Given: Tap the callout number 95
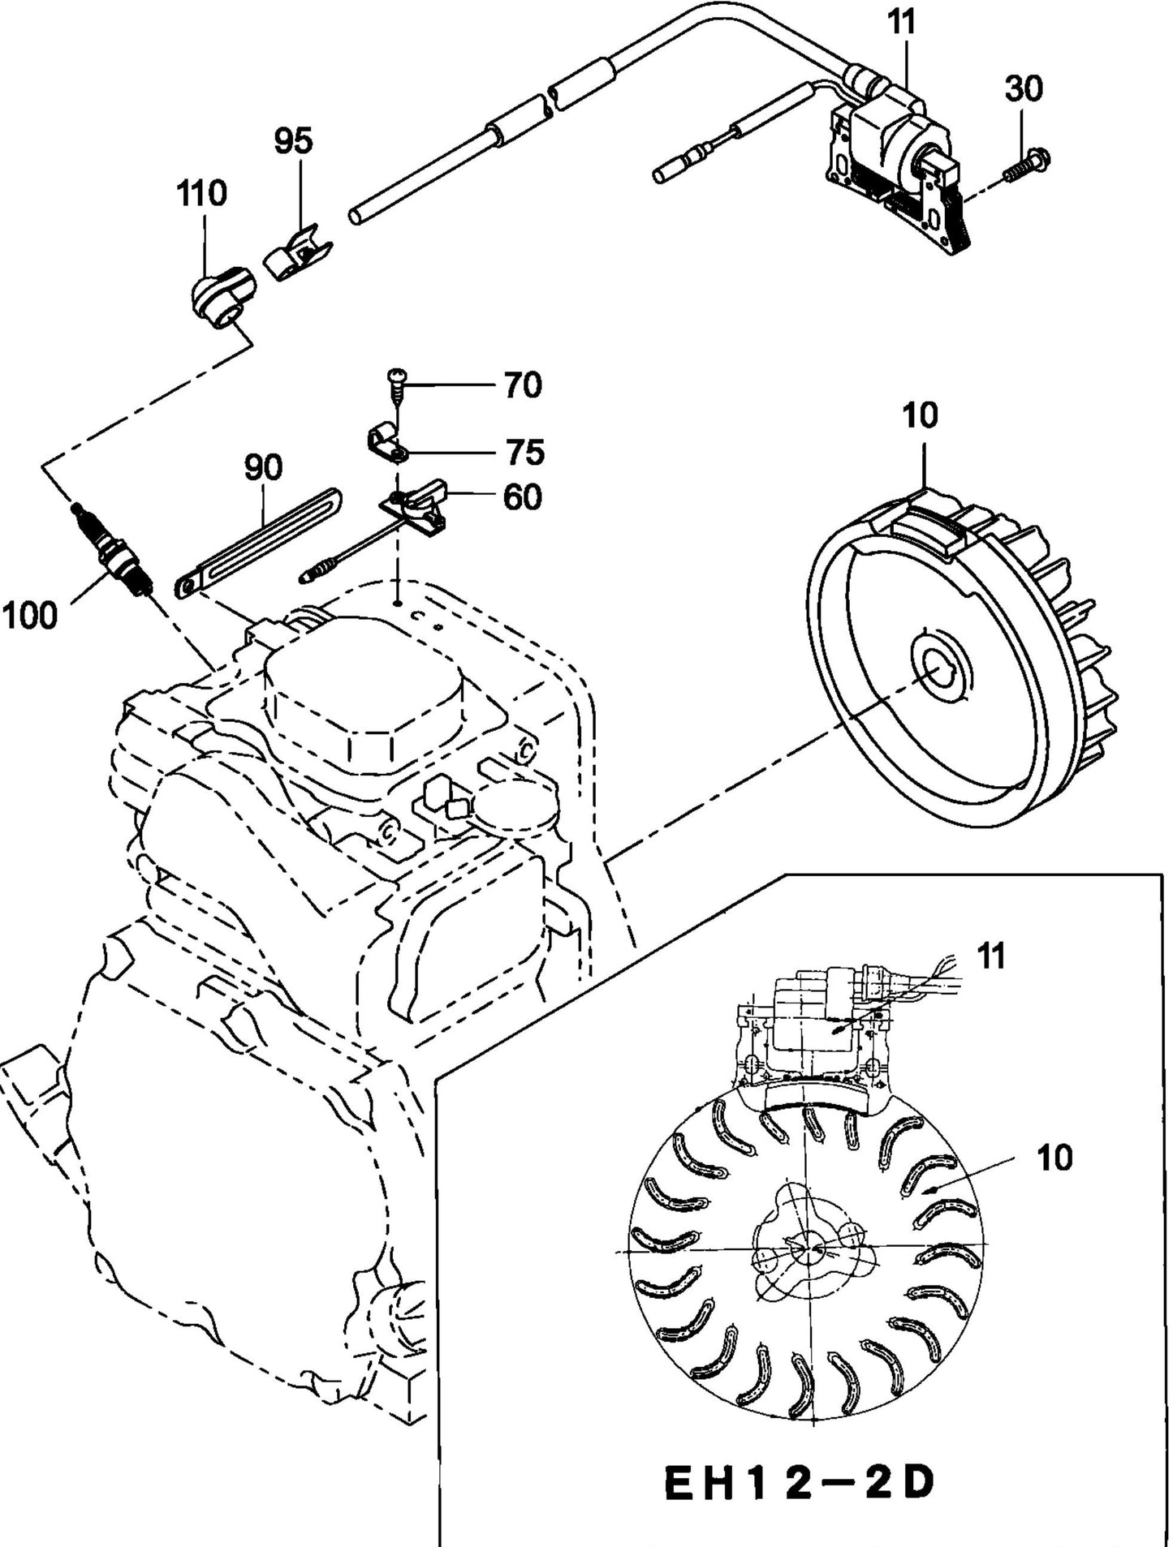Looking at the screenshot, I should pyautogui.click(x=293, y=141).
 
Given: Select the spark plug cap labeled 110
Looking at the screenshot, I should pyautogui.click(x=217, y=298).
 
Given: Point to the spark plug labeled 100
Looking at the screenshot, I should pyautogui.click(x=114, y=551).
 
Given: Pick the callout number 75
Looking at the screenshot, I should pyautogui.click(x=525, y=452).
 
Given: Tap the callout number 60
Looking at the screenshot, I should pyautogui.click(x=522, y=497).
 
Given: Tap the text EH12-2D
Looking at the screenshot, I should pyautogui.click(x=799, y=1484).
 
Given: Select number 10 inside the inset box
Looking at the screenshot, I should pyautogui.click(x=1054, y=1158).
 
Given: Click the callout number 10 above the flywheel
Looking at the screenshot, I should pyautogui.click(x=919, y=415).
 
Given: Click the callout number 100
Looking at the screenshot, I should pyautogui.click(x=30, y=616).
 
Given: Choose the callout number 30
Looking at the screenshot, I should pyautogui.click(x=1024, y=88).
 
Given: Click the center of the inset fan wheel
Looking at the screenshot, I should pyautogui.click(x=804, y=1250).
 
